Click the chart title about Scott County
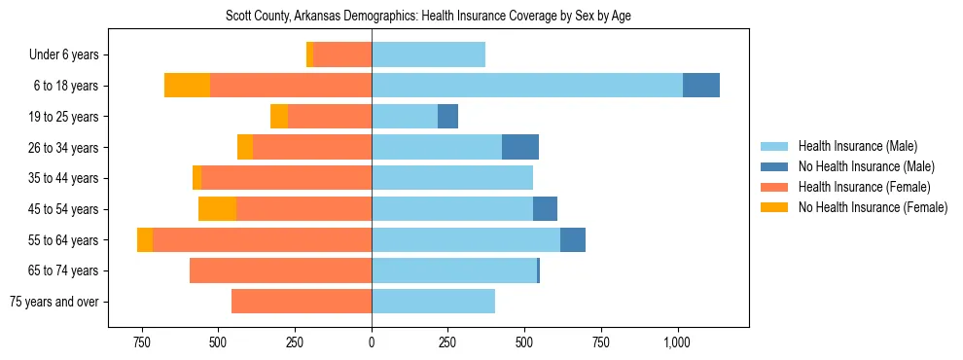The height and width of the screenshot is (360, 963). pyautogui.click(x=428, y=17)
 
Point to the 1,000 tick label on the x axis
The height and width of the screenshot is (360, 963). pyautogui.click(x=677, y=342)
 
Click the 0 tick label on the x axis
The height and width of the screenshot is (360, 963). pyautogui.click(x=372, y=342)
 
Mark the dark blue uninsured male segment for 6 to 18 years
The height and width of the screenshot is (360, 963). pyautogui.click(x=700, y=86)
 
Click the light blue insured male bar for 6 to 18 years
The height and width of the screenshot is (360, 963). pyautogui.click(x=527, y=86)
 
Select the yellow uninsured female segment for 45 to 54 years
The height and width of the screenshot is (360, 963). pyautogui.click(x=217, y=209)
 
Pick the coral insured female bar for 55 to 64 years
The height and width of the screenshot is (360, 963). pyautogui.click(x=262, y=239)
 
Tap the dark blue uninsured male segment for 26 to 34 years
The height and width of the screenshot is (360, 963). pyautogui.click(x=519, y=147)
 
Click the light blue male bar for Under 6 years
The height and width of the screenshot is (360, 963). pyautogui.click(x=428, y=54)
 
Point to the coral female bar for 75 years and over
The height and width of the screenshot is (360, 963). pyautogui.click(x=302, y=302)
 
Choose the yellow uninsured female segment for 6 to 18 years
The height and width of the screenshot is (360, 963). pyautogui.click(x=187, y=86)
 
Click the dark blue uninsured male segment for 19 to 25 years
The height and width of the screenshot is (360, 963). pyautogui.click(x=447, y=117)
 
